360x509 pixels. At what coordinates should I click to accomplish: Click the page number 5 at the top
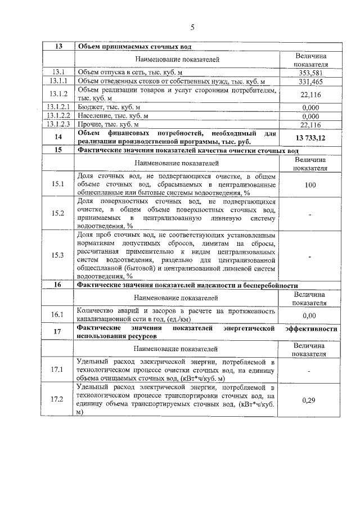tap(192, 26)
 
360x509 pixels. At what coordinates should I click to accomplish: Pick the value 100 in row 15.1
tap(310, 184)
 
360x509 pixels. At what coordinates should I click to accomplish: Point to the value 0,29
tap(310, 400)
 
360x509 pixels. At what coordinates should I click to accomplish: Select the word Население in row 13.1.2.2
tap(94, 115)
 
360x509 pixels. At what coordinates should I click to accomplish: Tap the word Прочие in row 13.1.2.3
tap(89, 124)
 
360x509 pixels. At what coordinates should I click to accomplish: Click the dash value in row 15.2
tap(310, 214)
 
